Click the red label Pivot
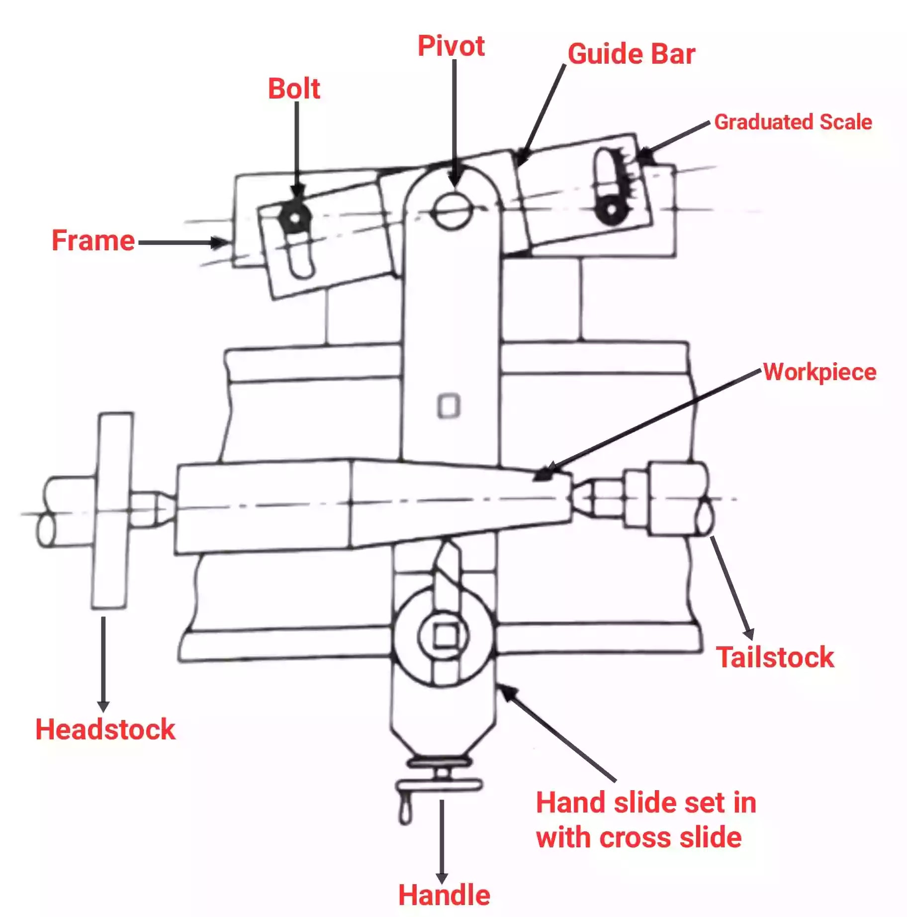click(x=451, y=46)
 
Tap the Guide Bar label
click(x=632, y=54)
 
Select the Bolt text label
click(x=294, y=89)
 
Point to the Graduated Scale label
click(x=793, y=122)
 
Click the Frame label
click(x=93, y=241)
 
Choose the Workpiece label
click(x=819, y=372)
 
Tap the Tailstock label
click(x=775, y=657)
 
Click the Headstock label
click(x=105, y=730)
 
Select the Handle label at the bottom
click(x=444, y=895)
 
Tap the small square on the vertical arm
click(x=449, y=406)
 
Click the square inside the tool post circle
click(x=445, y=635)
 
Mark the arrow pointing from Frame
click(x=184, y=243)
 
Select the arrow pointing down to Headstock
click(x=103, y=665)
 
